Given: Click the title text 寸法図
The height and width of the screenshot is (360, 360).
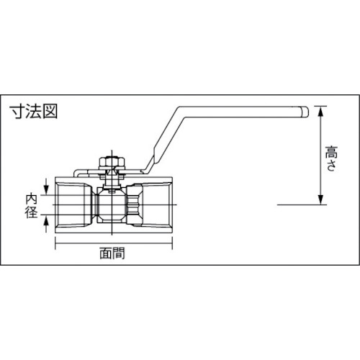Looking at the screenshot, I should (x=34, y=112).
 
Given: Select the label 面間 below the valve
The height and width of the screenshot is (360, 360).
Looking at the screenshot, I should (x=113, y=253).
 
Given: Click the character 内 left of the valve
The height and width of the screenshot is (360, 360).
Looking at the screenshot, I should (x=32, y=197).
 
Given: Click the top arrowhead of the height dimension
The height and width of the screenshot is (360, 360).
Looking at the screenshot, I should (x=320, y=109).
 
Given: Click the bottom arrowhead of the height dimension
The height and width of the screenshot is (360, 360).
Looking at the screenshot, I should (x=320, y=201).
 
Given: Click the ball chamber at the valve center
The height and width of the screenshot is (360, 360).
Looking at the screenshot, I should (x=113, y=204).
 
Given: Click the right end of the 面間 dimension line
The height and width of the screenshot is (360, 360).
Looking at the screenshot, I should (x=171, y=244).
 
